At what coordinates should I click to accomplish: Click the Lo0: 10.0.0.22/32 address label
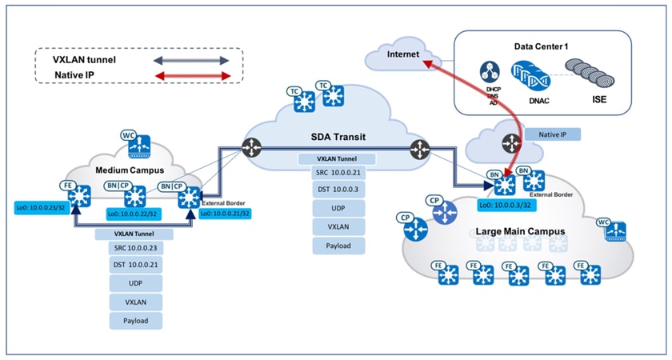138,214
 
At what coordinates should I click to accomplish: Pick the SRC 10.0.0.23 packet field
135,247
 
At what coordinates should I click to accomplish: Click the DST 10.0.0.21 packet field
135,265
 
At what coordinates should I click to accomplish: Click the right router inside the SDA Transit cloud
419,147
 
